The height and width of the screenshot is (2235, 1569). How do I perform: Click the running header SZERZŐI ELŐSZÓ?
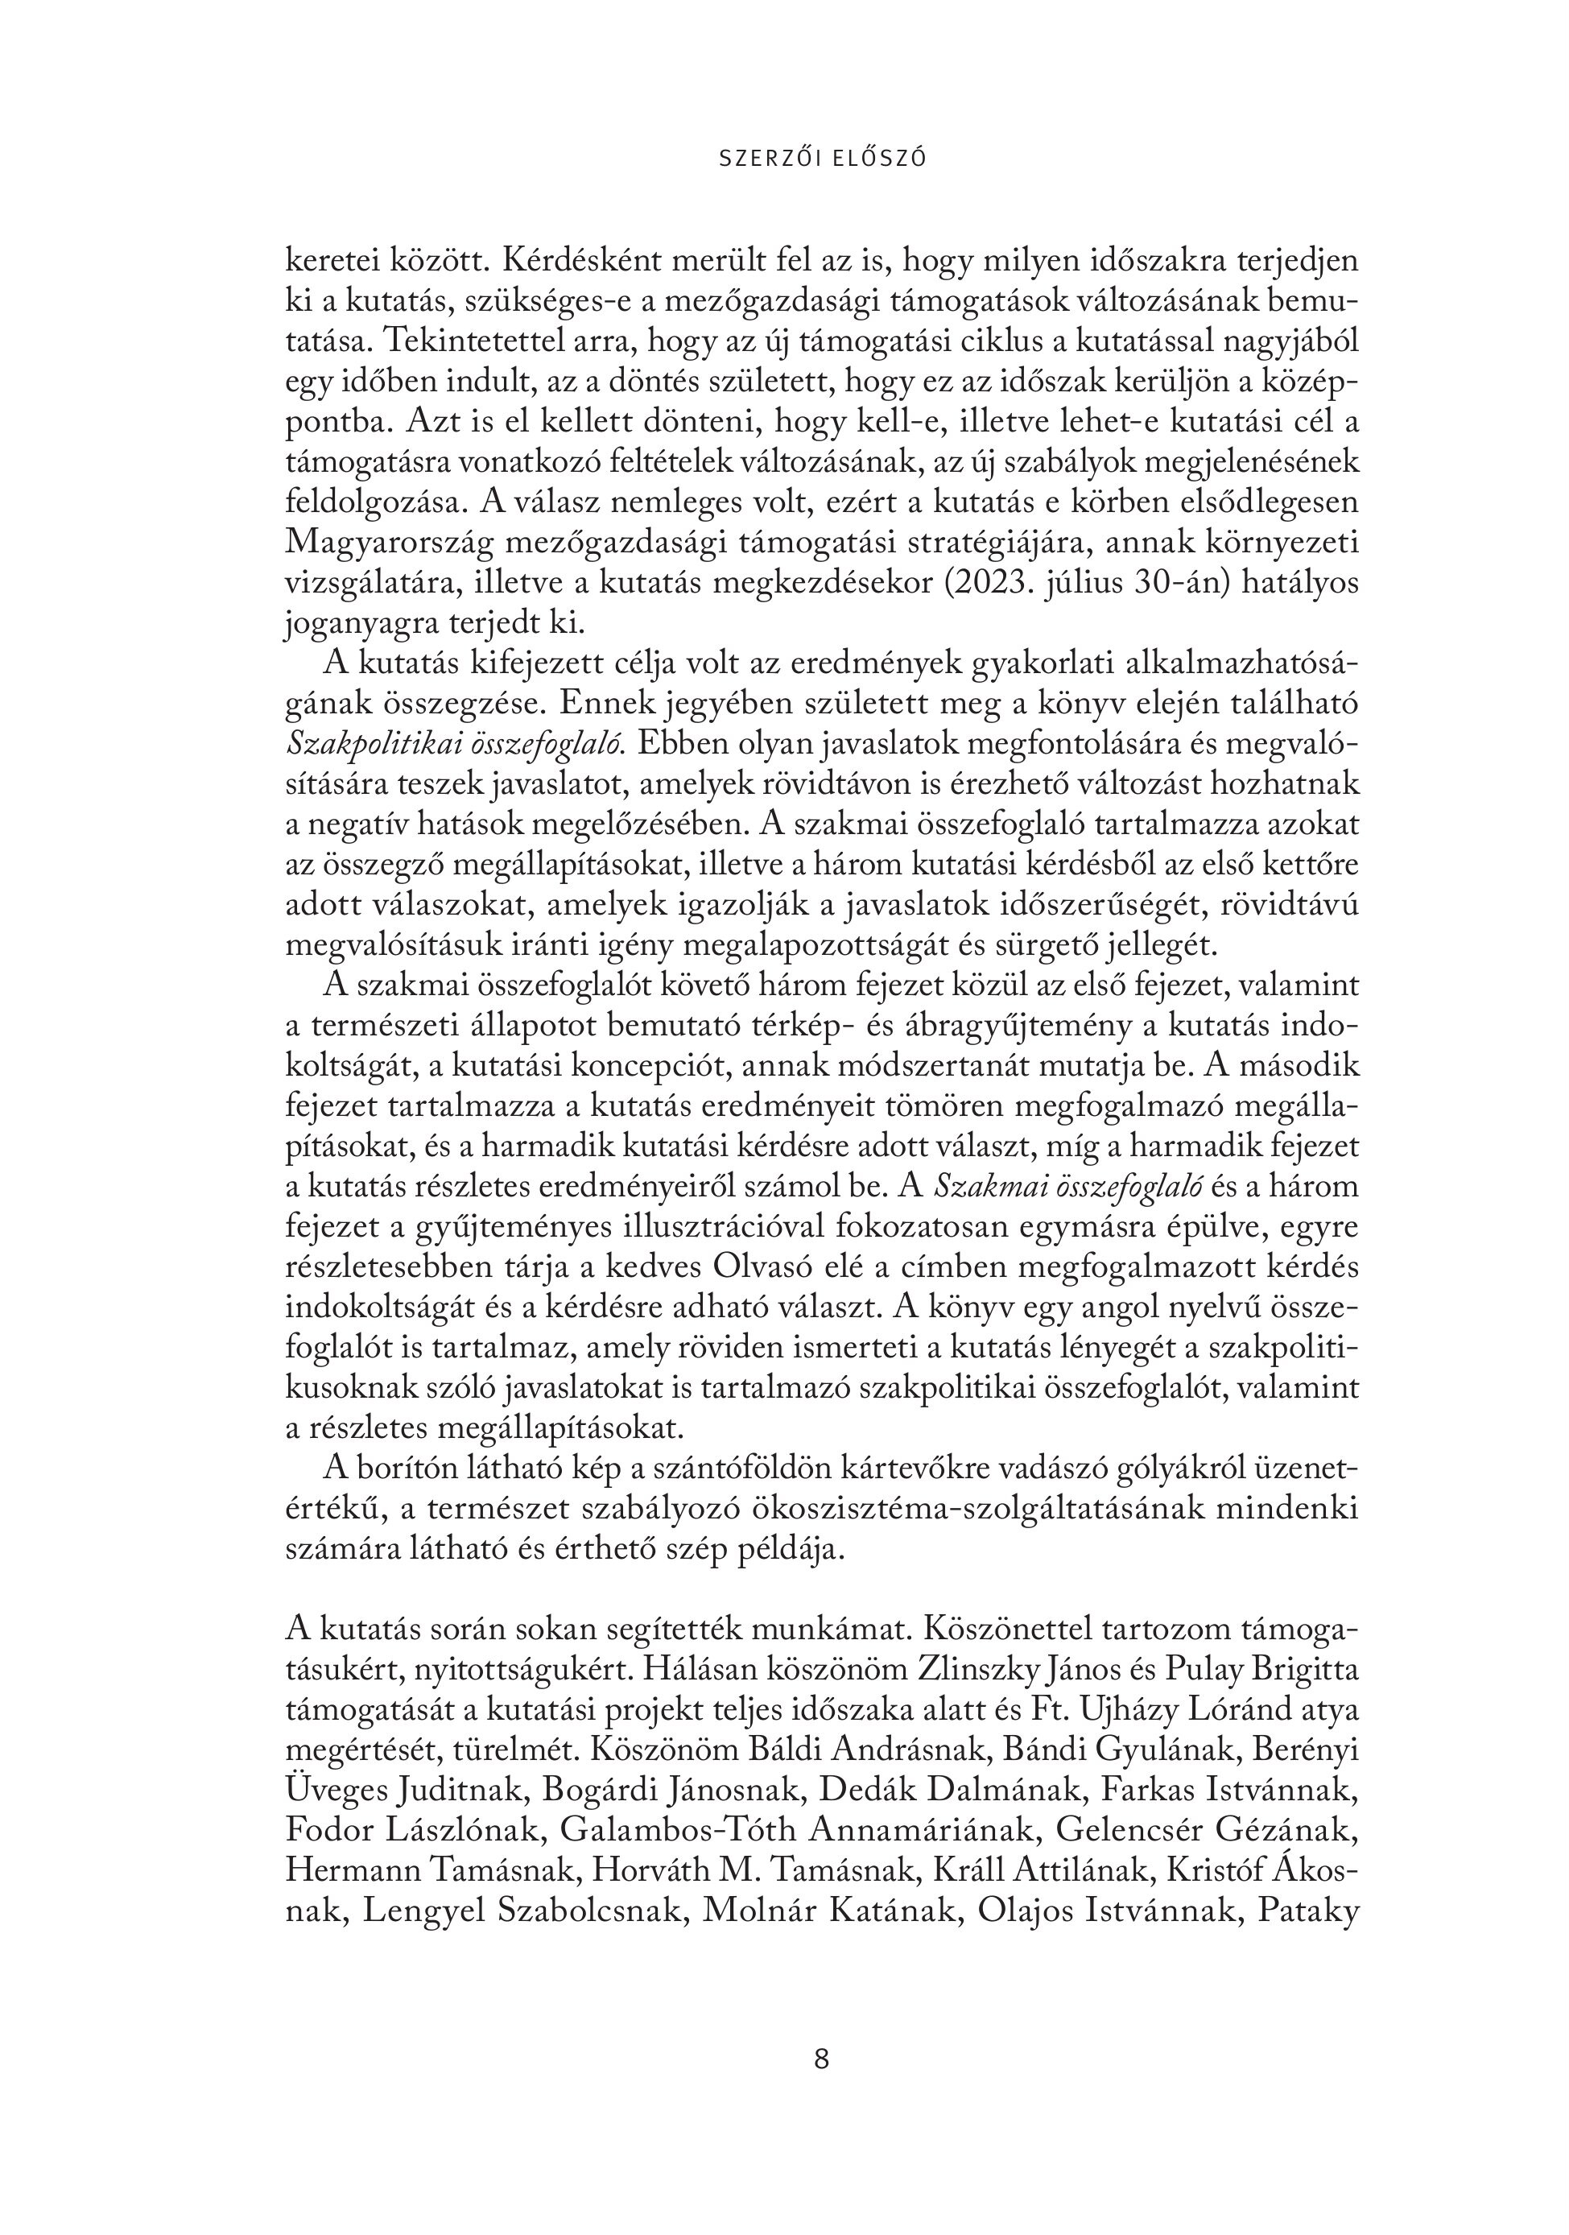tap(823, 158)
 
